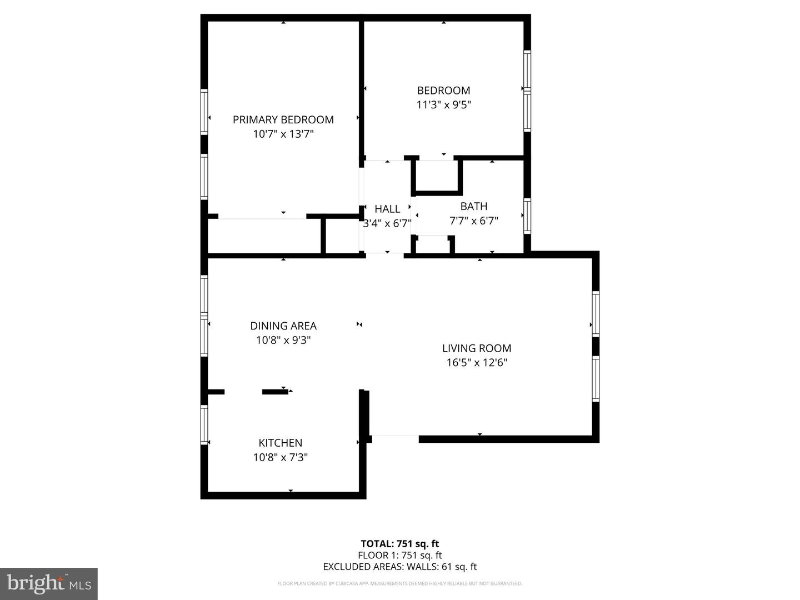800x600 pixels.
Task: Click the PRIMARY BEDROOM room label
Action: pos(283,119)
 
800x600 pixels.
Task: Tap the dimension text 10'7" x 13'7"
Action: pos(283,134)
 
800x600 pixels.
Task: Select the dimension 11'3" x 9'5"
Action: pos(443,105)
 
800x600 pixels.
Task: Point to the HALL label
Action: pos(387,209)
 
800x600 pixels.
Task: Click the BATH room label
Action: pos(474,206)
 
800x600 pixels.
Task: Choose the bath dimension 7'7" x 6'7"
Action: pos(474,221)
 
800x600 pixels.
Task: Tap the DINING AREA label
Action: pos(283,326)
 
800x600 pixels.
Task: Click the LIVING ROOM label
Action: pos(477,348)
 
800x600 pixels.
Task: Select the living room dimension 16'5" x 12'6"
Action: pos(477,363)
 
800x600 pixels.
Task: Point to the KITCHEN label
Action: pos(280,443)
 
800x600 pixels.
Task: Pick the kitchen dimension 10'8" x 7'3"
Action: pos(280,457)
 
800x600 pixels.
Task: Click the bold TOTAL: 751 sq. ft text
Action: pos(400,543)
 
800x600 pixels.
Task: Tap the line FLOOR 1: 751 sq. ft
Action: pos(400,555)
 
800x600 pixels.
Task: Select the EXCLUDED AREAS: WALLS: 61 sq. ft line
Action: pos(400,567)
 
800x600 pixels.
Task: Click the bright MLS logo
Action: pos(49,583)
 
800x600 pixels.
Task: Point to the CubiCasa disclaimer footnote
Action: pos(400,583)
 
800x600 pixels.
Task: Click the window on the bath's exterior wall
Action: pos(527,216)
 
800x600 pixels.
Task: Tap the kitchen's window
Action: pos(204,425)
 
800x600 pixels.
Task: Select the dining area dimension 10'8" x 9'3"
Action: pos(283,340)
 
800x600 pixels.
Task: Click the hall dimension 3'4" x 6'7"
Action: pos(387,223)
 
